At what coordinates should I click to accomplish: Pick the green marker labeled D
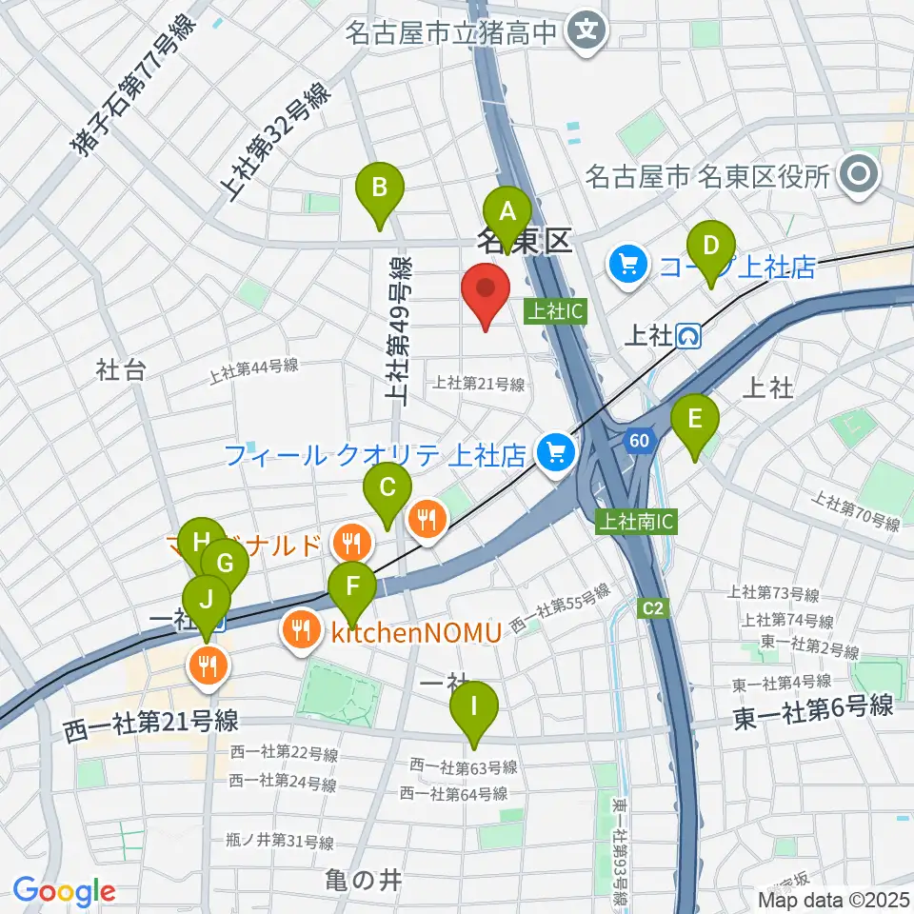[x=710, y=246]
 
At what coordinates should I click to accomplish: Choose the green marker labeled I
[x=472, y=708]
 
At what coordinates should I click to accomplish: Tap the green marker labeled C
[x=387, y=488]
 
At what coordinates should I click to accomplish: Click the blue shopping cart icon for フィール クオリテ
[x=555, y=452]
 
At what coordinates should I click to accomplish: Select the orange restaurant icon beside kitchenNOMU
[x=301, y=629]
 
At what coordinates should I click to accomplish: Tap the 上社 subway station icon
[x=689, y=335]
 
